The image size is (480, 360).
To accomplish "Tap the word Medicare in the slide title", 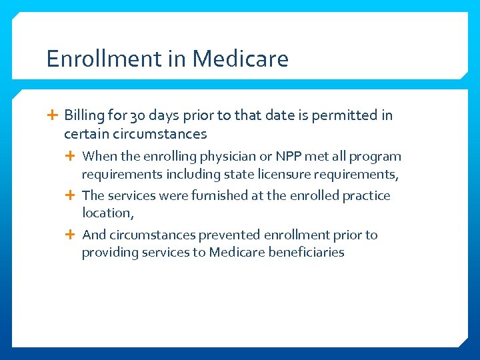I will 241,59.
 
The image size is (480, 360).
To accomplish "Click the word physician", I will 228,157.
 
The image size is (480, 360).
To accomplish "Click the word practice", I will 367,196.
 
